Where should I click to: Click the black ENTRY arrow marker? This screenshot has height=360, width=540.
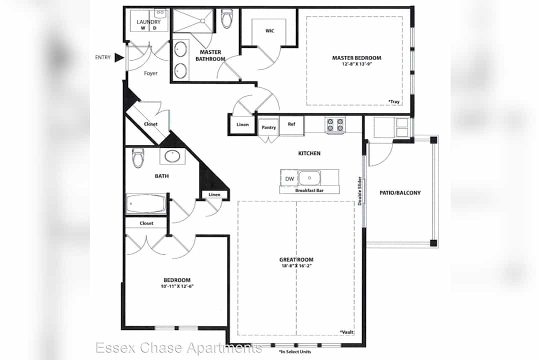119,57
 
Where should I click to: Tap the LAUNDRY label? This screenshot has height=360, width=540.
148,22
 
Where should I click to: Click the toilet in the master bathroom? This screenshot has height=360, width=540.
227,18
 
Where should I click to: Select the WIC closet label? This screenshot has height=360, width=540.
269,30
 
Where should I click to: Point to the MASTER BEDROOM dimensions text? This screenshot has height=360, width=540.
356,64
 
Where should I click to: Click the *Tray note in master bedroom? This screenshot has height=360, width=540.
394,101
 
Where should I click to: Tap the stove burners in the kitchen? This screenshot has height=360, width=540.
335,124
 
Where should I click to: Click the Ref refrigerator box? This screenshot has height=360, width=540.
291,126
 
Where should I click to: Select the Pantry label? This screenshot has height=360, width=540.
268,127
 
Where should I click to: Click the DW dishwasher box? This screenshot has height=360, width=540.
289,179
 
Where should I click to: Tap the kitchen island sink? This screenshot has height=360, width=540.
309,178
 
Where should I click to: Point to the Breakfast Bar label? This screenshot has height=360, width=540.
309,190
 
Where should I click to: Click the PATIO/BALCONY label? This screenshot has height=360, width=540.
400,193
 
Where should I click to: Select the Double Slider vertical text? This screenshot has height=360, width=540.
359,191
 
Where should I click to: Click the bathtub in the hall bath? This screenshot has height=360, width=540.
146,203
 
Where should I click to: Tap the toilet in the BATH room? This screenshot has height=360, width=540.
138,158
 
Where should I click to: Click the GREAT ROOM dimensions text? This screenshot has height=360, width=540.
296,266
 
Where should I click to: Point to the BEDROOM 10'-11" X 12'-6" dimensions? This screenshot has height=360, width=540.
177,286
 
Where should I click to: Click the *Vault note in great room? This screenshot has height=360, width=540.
347,332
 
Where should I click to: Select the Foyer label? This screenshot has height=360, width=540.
150,73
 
